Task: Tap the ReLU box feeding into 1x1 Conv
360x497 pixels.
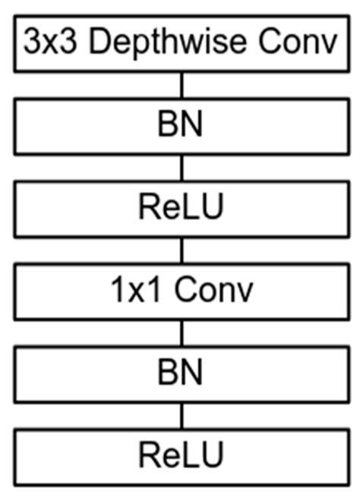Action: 180,209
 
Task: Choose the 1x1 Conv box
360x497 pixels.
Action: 180,291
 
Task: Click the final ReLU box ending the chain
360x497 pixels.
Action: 180,456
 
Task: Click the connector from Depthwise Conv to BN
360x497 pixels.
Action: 181,86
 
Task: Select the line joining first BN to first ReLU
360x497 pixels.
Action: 181,168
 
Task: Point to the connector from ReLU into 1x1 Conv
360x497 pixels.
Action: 181,250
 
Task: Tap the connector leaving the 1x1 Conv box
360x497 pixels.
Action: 181,333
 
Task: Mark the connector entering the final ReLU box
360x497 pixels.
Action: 181,415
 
